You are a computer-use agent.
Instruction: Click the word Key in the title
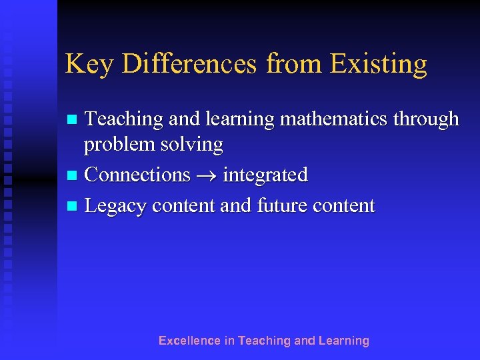(x=85, y=65)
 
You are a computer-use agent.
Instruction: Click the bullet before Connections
(x=71, y=176)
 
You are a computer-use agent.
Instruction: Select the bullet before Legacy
(x=71, y=207)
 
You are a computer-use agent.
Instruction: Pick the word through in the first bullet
(x=427, y=119)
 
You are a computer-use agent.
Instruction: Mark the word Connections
(x=138, y=175)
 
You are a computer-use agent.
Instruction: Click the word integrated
(x=265, y=175)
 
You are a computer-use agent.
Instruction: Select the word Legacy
(x=117, y=206)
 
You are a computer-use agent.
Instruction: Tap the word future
(x=285, y=205)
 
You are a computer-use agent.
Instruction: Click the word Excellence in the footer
(x=189, y=341)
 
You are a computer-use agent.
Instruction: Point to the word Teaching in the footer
(x=264, y=341)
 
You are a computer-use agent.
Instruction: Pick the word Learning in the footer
(x=344, y=341)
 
